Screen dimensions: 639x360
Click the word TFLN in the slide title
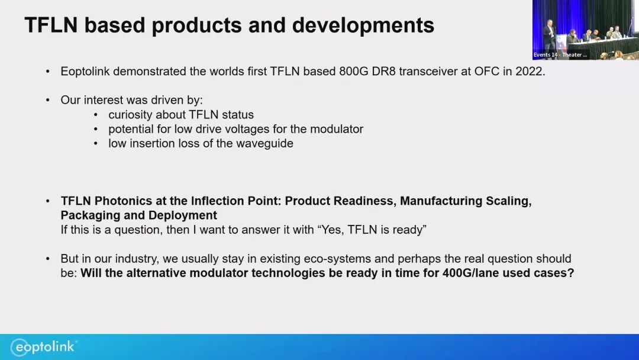click(51, 25)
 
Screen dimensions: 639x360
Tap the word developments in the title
click(363, 25)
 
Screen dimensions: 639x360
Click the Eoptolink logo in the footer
click(44, 347)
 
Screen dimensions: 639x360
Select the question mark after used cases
click(571, 273)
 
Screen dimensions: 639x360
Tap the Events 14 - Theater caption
click(560, 54)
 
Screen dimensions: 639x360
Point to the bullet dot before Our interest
click(48, 100)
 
